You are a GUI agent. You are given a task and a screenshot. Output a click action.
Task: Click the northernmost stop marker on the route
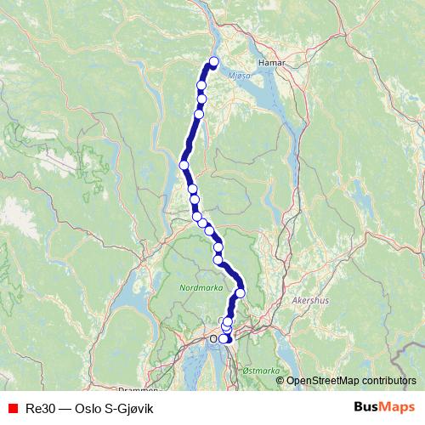coord(213,61)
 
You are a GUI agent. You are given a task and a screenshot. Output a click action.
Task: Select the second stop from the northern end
coord(201,85)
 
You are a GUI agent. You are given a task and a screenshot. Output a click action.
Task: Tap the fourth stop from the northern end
coord(199,114)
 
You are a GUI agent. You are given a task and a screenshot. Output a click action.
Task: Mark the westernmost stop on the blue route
coord(184,165)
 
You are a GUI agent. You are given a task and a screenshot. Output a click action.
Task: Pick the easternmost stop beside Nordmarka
coord(241,292)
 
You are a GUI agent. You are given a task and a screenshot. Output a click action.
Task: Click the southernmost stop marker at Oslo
coord(224,338)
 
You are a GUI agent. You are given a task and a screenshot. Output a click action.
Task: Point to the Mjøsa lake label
coord(240,75)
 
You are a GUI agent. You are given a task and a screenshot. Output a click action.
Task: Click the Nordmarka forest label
coord(198,288)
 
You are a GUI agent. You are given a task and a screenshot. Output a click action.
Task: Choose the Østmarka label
coord(260,370)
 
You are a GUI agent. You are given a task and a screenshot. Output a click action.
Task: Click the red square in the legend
coord(12,408)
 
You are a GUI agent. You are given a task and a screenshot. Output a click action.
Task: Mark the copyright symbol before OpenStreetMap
coord(280,381)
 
